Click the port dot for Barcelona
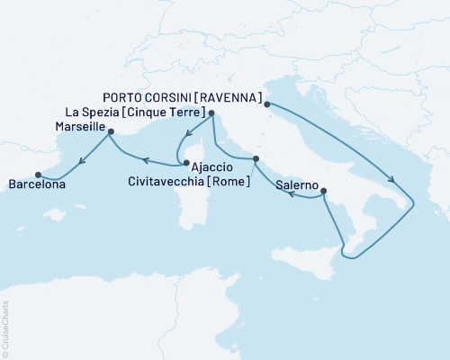pos(38,175)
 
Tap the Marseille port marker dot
pos(111,131)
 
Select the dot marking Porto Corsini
pos(267,104)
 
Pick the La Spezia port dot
pos(211,113)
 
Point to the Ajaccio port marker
pos(184,164)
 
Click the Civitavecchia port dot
pos(256,159)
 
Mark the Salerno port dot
pos(323,191)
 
